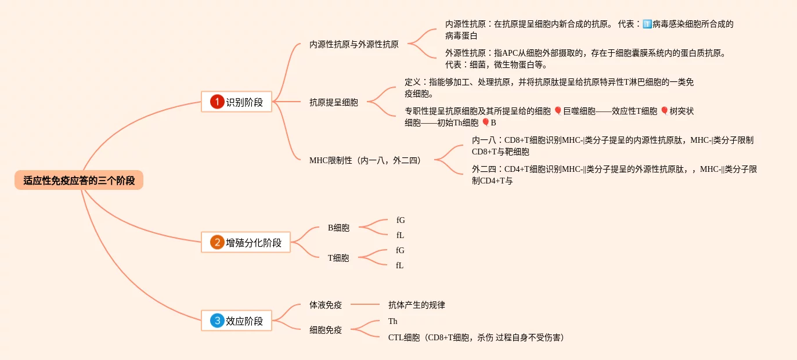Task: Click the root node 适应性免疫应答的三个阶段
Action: tap(79, 181)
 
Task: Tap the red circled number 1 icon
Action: tap(217, 102)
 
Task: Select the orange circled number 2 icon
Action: tap(217, 242)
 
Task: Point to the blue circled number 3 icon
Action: tap(217, 321)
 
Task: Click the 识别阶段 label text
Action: tap(244, 102)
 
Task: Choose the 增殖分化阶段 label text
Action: tap(254, 243)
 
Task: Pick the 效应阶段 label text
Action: tap(244, 321)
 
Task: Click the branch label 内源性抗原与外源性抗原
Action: tap(354, 44)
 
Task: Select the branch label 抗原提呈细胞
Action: tap(334, 102)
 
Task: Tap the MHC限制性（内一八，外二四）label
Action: tap(365, 160)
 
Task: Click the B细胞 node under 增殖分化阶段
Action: tap(338, 228)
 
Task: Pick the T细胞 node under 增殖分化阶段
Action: tap(338, 258)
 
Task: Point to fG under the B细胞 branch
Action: tap(401, 220)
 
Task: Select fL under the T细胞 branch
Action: tap(400, 265)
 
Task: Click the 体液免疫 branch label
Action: tap(326, 304)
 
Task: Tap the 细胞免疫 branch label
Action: tap(326, 330)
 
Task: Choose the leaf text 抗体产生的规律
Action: tap(416, 304)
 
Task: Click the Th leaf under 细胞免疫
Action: tap(393, 321)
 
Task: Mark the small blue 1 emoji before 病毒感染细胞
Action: tap(647, 24)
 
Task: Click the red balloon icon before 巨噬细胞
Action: tap(558, 111)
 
